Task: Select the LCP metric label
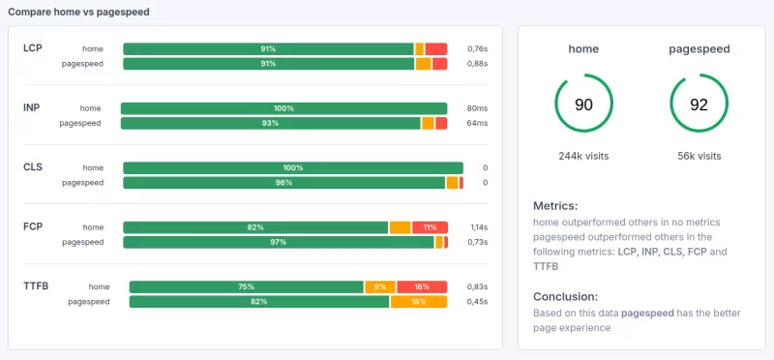click(33, 47)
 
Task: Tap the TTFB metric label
click(36, 286)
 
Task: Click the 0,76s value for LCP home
click(477, 48)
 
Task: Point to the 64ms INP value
click(477, 123)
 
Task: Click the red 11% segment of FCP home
click(430, 227)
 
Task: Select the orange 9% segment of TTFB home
click(380, 286)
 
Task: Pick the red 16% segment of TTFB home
click(421, 286)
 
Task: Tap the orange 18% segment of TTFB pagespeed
click(419, 302)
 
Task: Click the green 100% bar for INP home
click(283, 108)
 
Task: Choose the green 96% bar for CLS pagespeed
click(283, 183)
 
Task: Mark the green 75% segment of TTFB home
click(247, 286)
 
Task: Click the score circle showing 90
click(583, 104)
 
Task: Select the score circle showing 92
click(700, 104)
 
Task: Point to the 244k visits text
click(583, 156)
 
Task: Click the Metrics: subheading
click(555, 206)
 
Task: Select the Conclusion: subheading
click(566, 296)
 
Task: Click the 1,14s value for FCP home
click(478, 227)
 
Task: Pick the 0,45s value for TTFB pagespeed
click(477, 302)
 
